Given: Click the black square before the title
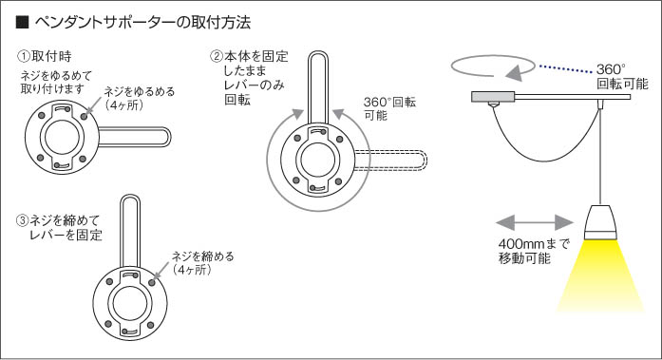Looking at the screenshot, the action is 22,23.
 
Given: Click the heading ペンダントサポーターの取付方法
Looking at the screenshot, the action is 142,23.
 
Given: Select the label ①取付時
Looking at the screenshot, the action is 45,56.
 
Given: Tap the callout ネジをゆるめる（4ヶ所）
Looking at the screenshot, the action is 140,98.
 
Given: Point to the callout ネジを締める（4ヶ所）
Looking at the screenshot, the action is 202,263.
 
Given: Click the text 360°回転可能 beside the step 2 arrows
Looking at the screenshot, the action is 389,108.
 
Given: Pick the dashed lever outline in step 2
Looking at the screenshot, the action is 390,161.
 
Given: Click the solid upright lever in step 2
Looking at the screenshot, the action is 318,88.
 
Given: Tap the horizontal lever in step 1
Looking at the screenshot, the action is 134,137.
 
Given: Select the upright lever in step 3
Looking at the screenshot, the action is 129,231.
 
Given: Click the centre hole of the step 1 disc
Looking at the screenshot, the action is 62,137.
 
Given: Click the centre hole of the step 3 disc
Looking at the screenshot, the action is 129,303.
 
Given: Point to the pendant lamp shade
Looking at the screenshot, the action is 600,221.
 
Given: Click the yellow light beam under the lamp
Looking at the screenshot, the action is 600,276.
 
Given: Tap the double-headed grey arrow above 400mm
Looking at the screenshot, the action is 534,222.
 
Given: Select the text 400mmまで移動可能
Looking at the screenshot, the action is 533,251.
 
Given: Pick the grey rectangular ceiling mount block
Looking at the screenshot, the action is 493,97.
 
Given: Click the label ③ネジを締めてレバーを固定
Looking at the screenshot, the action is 59,227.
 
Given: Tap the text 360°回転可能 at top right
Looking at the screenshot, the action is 622,76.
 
